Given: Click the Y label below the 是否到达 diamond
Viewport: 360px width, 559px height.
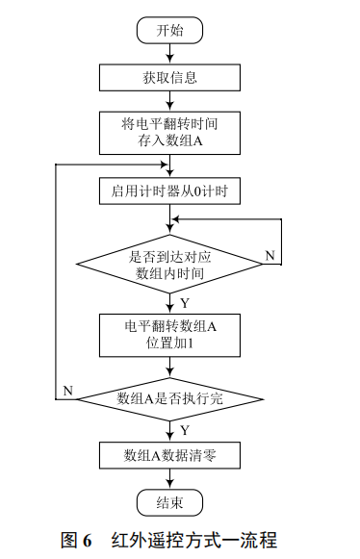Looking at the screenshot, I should pyautogui.click(x=184, y=303).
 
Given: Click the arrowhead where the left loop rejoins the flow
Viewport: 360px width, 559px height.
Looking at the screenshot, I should pyautogui.click(x=164, y=165).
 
